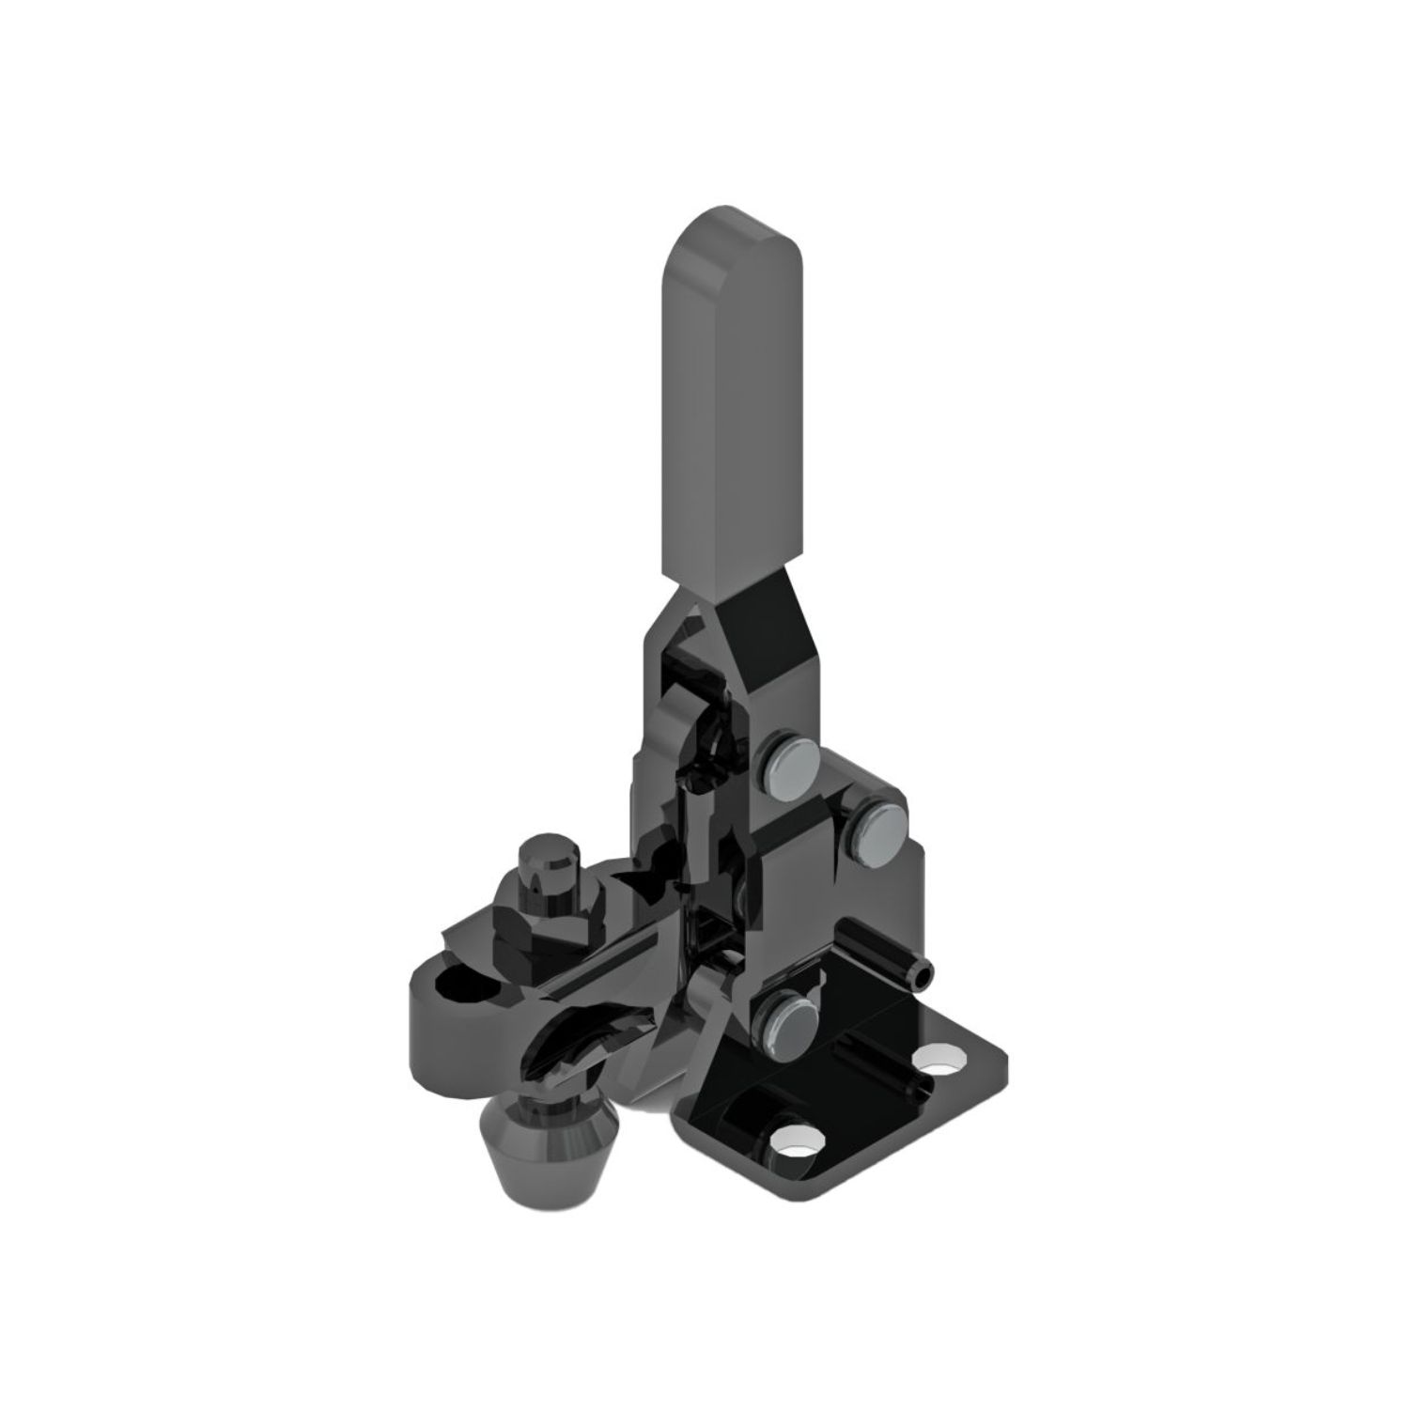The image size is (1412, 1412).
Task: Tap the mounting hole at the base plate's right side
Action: (x=941, y=1063)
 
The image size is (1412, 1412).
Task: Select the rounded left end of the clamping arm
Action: (x=419, y=1015)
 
